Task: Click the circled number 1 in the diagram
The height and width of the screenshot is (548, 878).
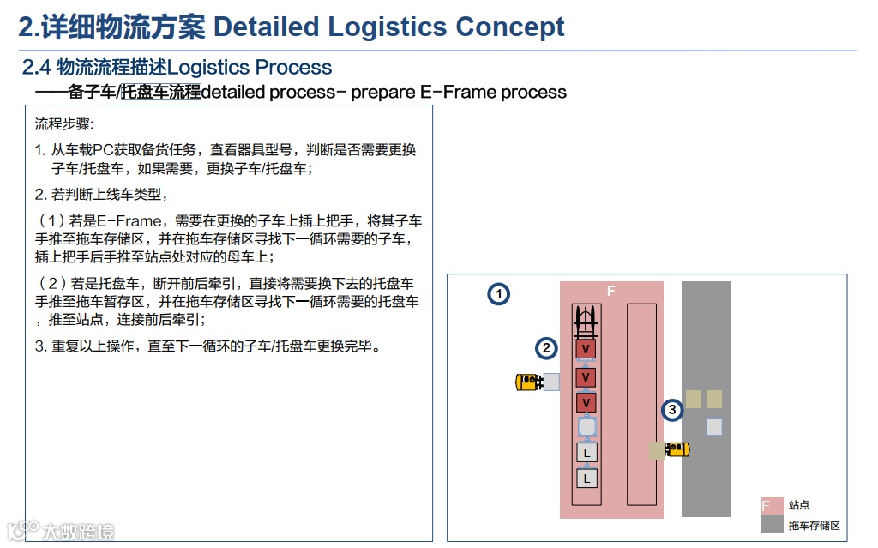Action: click(x=499, y=295)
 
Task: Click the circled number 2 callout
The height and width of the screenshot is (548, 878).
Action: click(x=546, y=348)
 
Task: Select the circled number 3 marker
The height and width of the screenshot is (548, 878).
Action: click(x=672, y=411)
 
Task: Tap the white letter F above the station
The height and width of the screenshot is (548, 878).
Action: click(x=610, y=292)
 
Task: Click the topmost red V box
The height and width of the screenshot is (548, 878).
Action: click(x=586, y=349)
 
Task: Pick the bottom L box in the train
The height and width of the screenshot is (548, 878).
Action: click(x=586, y=479)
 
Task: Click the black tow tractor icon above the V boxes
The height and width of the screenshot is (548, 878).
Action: click(x=586, y=322)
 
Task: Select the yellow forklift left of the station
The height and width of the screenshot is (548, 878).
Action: click(x=528, y=382)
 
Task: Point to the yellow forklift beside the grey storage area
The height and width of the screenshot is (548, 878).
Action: click(x=679, y=449)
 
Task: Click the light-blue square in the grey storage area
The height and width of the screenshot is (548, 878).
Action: click(x=714, y=426)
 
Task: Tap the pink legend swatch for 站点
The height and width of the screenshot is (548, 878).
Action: click(x=771, y=505)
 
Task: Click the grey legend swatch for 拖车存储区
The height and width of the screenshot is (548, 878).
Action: click(x=771, y=525)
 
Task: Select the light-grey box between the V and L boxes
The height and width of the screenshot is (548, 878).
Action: click(x=586, y=426)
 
